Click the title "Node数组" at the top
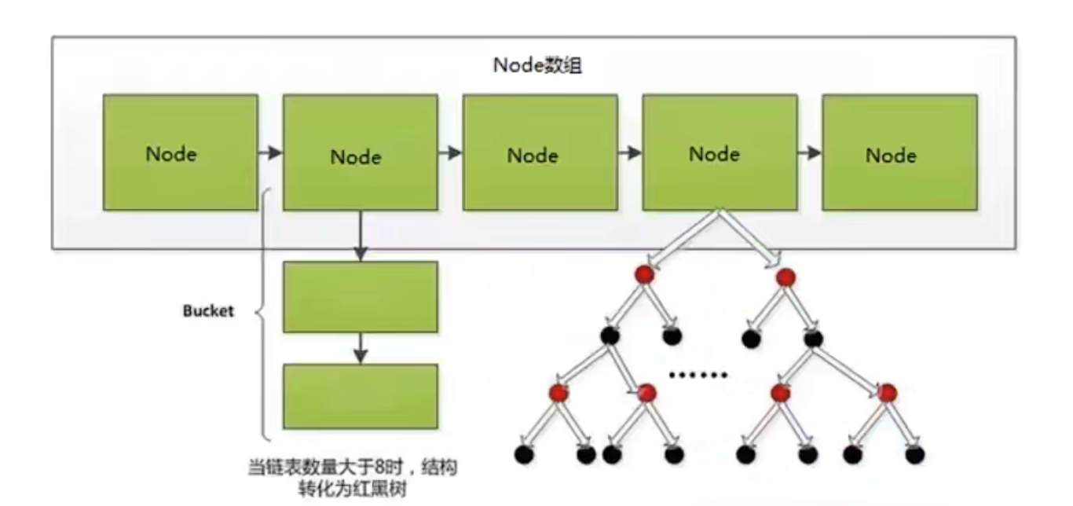tap(537, 65)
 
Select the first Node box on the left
tap(181, 152)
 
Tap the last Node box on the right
tap(900, 152)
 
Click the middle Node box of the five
tap(540, 152)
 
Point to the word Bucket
tap(208, 311)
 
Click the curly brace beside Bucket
tap(263, 313)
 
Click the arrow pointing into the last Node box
tap(810, 153)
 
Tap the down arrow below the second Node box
tap(361, 236)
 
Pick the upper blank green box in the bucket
tap(361, 296)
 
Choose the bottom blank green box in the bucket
tap(361, 396)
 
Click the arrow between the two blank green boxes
tap(361, 348)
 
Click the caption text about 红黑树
tap(353, 478)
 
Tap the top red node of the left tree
tap(644, 274)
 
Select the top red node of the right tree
tap(786, 277)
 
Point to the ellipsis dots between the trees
tap(698, 375)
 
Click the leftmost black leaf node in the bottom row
tap(524, 454)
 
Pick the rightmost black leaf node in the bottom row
tap(915, 454)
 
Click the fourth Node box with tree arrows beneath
tap(720, 152)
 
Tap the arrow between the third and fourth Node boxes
tap(630, 153)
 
